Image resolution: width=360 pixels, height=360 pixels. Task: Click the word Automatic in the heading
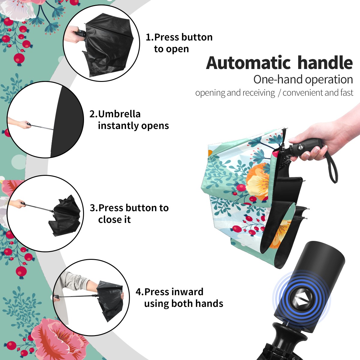click(x=248, y=63)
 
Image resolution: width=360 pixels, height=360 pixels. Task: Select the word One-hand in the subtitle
click(x=278, y=79)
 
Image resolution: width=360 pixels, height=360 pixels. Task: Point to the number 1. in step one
click(x=149, y=37)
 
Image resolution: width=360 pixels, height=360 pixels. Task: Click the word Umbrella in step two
click(x=119, y=114)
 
